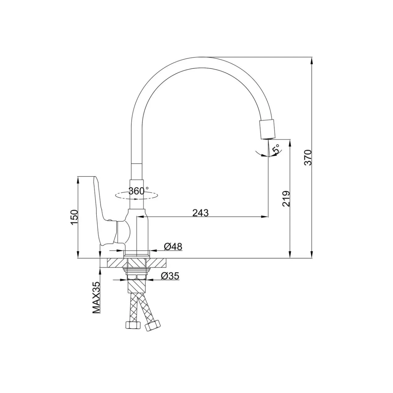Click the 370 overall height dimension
[x=308, y=157]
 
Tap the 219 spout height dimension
[x=286, y=199]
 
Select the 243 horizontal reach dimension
[x=200, y=213]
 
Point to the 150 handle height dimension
[x=74, y=217]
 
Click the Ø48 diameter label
[x=173, y=247]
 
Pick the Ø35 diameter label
[x=170, y=276]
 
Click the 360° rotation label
[x=138, y=191]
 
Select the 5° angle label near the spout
[x=276, y=149]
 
